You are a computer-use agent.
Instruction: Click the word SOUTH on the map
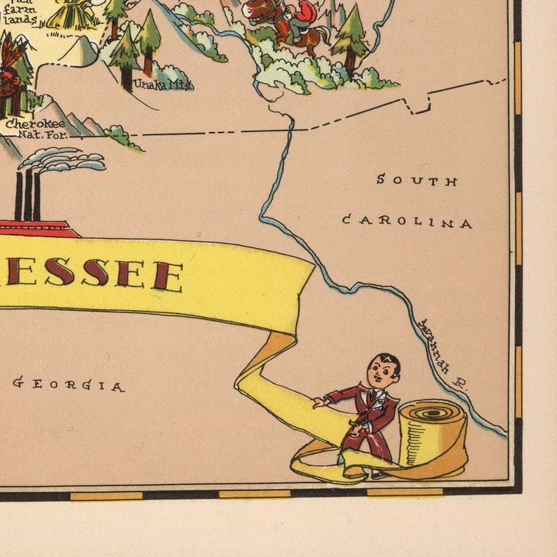point(417,180)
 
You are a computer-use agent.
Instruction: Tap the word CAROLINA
point(407,222)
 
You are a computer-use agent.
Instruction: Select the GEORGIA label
point(69,384)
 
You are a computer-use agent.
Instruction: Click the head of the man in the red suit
point(383,370)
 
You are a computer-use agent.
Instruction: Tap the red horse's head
point(255,10)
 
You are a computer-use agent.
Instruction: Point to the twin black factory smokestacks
point(27,195)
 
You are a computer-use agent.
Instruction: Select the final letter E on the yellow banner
point(168,277)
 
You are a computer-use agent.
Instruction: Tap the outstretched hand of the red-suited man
point(320,403)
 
